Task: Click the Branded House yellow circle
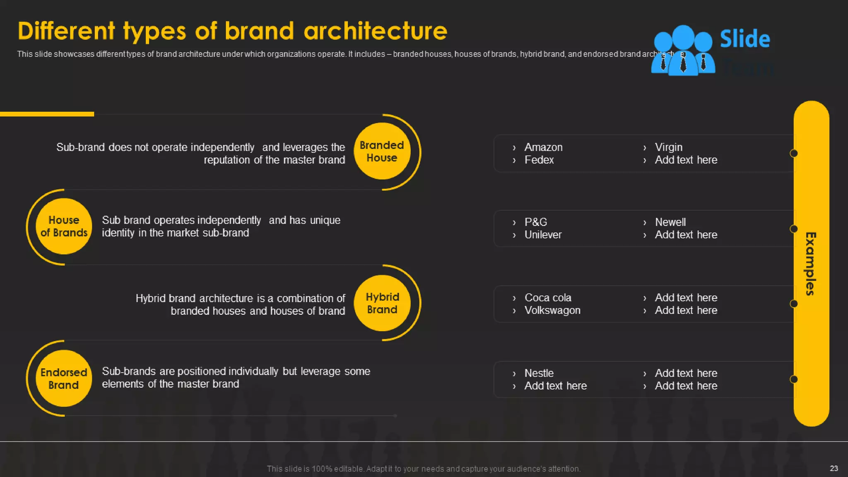click(x=382, y=152)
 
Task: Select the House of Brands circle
click(x=64, y=226)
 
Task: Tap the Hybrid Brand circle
click(x=382, y=303)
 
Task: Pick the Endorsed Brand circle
click(x=64, y=378)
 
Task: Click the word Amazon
click(x=543, y=147)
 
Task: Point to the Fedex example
click(x=539, y=160)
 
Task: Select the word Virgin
click(x=668, y=147)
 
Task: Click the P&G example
click(x=535, y=222)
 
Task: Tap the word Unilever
click(x=543, y=235)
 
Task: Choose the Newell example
click(x=670, y=222)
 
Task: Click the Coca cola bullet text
click(x=547, y=298)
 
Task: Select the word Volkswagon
click(x=552, y=311)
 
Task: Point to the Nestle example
click(x=539, y=373)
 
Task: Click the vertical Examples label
click(x=811, y=264)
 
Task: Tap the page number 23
click(x=834, y=468)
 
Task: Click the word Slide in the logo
click(x=744, y=39)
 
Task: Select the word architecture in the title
click(x=375, y=31)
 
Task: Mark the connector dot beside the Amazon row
click(x=794, y=154)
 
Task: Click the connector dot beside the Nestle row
click(x=794, y=379)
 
